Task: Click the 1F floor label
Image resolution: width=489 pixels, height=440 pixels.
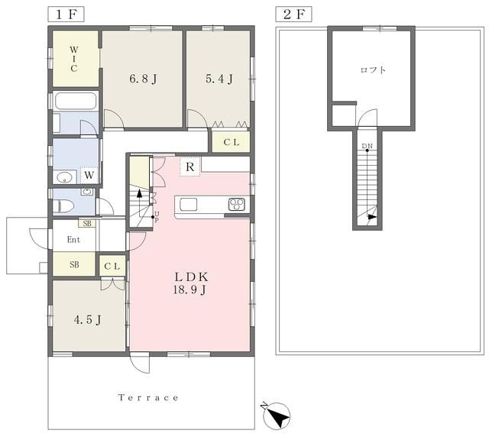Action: click(66, 15)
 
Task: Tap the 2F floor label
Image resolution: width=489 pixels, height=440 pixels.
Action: click(293, 15)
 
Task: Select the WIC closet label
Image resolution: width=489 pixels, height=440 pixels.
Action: click(74, 59)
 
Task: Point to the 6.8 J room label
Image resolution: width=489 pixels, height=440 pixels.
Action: click(143, 79)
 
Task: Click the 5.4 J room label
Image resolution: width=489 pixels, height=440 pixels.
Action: click(219, 79)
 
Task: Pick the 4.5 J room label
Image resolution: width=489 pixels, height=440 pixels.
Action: click(88, 320)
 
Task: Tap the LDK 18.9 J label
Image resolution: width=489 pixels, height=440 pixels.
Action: click(190, 283)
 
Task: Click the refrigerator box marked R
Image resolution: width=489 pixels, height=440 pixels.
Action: click(190, 167)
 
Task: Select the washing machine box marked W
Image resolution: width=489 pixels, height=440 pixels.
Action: click(89, 175)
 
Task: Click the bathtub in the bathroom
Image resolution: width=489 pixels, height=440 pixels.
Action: click(75, 100)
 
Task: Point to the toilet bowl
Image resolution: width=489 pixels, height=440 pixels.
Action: click(63, 206)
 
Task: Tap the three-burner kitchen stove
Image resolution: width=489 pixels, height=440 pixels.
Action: click(237, 205)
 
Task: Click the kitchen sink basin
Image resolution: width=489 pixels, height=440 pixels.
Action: click(189, 205)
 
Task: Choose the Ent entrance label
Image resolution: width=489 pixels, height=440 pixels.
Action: click(73, 240)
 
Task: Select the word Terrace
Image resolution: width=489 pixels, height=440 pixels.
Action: click(148, 397)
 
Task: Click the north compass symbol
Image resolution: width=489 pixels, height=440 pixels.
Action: click(277, 415)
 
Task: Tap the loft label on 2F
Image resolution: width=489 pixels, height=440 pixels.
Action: click(373, 70)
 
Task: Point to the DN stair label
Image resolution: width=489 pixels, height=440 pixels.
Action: click(367, 146)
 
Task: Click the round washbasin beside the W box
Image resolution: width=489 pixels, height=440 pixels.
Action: click(64, 177)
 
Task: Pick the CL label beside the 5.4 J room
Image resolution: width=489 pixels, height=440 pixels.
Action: click(231, 142)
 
